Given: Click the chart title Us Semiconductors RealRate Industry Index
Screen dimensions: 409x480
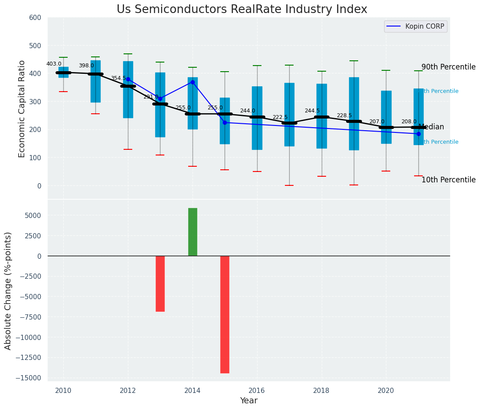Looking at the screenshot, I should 242,10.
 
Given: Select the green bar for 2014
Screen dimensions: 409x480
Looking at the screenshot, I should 193,232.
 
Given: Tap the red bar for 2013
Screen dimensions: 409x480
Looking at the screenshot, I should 160,284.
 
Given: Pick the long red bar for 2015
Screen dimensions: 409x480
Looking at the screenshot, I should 225,314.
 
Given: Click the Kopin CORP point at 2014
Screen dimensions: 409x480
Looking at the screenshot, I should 193,82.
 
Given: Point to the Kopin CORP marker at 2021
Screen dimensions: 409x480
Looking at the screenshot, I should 418,134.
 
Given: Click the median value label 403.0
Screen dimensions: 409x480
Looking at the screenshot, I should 54,64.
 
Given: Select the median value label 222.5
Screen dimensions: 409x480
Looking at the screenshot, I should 280,118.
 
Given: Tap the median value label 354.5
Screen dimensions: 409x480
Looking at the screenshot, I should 118,78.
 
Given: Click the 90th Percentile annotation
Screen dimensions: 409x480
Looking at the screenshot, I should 448,67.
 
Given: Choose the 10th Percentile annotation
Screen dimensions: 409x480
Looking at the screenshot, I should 448,180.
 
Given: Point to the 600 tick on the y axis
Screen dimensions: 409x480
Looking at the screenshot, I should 35,18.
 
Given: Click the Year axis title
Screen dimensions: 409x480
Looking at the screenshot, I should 249,401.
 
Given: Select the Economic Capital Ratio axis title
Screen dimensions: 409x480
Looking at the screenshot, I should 22,109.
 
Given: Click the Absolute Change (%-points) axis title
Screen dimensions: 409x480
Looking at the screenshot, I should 8,290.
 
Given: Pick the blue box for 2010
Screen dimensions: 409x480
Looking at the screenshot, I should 63,72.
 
